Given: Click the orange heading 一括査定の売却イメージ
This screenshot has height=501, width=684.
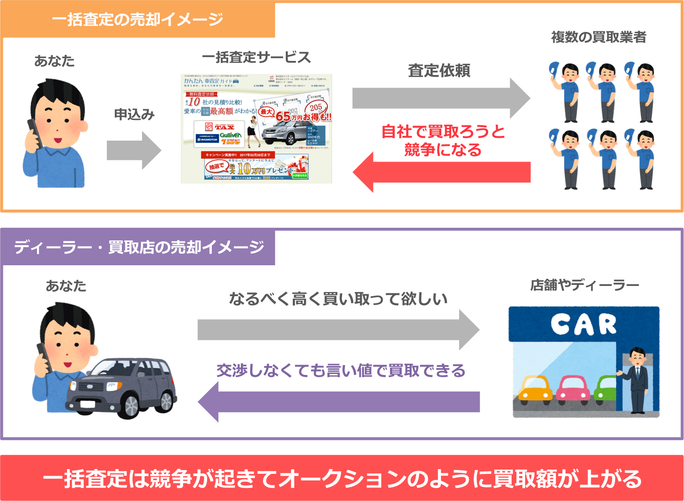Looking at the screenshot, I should click(x=137, y=20).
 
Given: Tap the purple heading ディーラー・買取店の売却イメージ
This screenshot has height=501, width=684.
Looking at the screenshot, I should click(x=139, y=247).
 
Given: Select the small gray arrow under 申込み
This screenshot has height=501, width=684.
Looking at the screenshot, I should click(x=134, y=150).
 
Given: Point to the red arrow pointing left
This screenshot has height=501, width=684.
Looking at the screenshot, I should click(x=441, y=172).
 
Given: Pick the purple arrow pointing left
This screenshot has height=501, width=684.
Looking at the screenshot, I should click(x=339, y=402).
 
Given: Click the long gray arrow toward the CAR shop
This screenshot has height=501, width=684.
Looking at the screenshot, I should click(x=338, y=329).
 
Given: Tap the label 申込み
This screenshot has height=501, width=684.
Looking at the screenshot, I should click(x=134, y=115).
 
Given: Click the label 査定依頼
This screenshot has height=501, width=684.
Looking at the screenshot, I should click(x=439, y=71).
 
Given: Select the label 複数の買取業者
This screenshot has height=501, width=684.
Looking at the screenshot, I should click(x=599, y=37).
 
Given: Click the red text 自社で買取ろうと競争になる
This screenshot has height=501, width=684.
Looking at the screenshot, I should click(x=443, y=140).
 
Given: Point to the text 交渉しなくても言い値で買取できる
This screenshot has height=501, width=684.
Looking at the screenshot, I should click(x=341, y=371).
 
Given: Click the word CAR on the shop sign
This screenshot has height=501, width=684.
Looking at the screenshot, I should click(x=584, y=324).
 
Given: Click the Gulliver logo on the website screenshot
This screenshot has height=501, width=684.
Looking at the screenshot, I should click(x=230, y=135).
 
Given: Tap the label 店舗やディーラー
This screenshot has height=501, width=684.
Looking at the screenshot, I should click(x=584, y=285).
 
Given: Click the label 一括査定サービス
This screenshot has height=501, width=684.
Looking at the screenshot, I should click(x=256, y=58).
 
